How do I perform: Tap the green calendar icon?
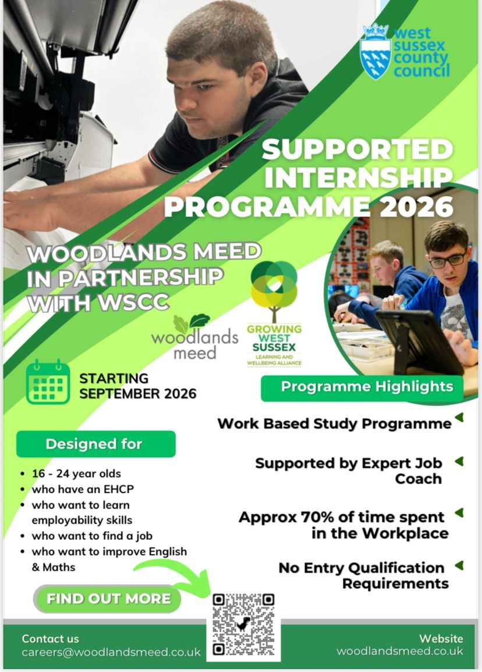pos(48,382)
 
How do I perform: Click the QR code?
pos(243,625)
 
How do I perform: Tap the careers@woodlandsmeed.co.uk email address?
pos(111,652)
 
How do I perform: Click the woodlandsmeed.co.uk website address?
pos(400,651)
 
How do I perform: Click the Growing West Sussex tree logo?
pos(274,289)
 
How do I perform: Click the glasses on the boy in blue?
pos(448,259)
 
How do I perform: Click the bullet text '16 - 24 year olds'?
pos(76,474)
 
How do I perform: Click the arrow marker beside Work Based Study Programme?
pos(459,418)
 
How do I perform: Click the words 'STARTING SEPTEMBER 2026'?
pos(137,386)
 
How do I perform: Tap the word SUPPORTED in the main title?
pos(357,150)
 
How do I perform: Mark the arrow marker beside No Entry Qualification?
pos(459,566)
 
